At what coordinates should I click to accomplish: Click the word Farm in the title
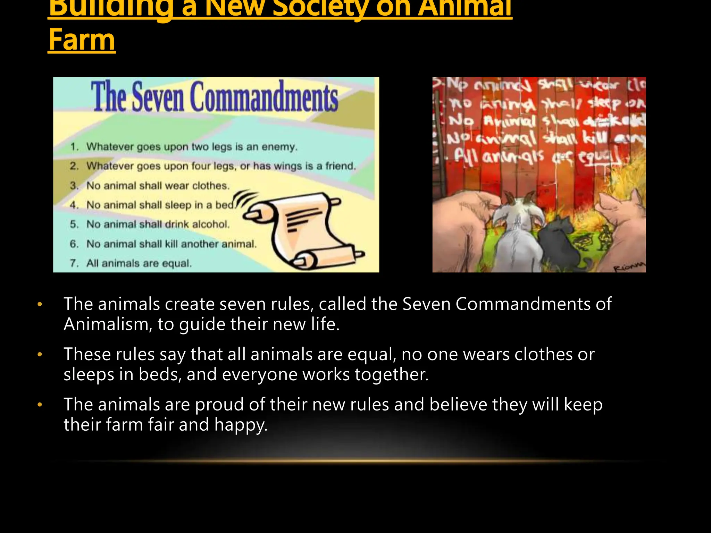(x=82, y=40)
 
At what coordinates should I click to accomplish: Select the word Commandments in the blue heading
(x=264, y=97)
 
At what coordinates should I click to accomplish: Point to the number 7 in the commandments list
(x=74, y=263)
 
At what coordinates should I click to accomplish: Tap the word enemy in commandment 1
(x=279, y=147)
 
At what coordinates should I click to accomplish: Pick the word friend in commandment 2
(x=340, y=166)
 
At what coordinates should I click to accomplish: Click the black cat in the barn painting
(x=559, y=239)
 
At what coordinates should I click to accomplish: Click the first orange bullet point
(x=40, y=304)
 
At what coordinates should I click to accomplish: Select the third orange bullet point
(x=40, y=405)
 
